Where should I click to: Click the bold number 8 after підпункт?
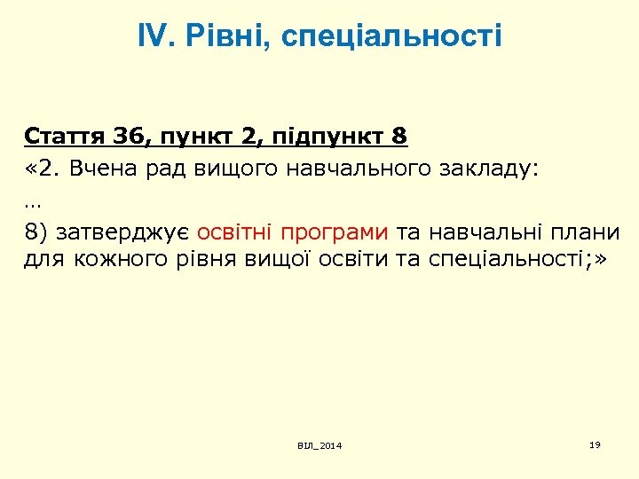click(x=398, y=137)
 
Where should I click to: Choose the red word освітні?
click(x=234, y=233)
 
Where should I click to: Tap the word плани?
click(x=587, y=233)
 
